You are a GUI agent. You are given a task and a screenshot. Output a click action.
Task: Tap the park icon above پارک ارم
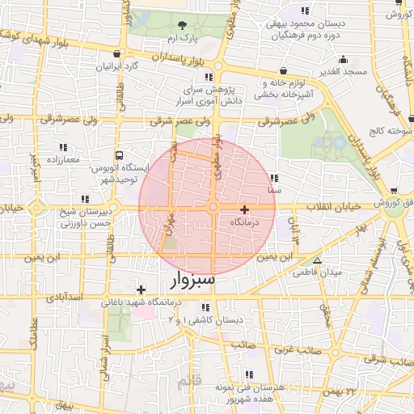182,25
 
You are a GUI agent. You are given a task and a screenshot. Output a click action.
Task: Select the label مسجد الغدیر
344,72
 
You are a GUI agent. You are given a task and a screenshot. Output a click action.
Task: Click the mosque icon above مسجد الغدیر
343,59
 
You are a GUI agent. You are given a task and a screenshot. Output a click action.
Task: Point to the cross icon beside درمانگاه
245,209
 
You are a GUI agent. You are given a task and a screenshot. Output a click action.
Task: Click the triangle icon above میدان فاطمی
317,260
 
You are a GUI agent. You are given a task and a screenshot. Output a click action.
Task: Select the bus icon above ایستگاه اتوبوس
120,154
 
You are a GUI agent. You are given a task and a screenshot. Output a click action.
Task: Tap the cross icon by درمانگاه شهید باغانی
142,289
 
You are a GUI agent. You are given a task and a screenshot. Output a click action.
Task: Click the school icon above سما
274,178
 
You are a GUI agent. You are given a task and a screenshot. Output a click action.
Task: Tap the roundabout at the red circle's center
212,208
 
